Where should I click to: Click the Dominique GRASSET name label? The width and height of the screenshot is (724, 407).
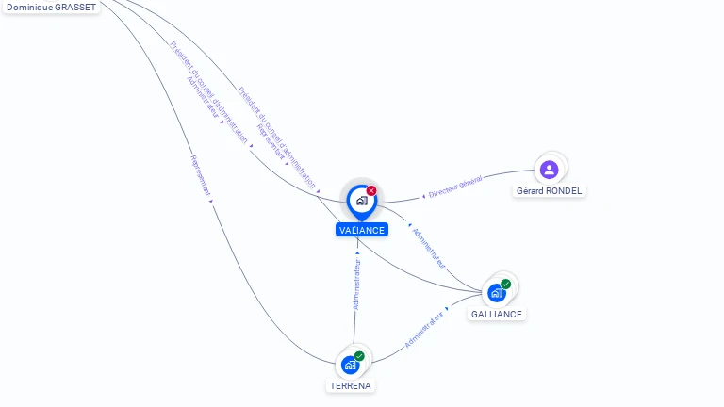click(50, 7)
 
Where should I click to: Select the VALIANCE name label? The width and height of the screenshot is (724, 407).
click(361, 230)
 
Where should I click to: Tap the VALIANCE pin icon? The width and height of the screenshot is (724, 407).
click(361, 201)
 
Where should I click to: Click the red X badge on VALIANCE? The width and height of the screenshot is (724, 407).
click(371, 190)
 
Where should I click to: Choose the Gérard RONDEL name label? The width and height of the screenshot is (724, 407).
click(550, 190)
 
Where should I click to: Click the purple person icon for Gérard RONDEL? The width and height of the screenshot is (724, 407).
click(550, 170)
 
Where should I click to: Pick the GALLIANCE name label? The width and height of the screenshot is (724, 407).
click(497, 314)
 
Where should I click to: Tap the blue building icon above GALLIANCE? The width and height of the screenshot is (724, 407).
click(496, 292)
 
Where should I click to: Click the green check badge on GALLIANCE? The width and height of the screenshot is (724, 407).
click(506, 284)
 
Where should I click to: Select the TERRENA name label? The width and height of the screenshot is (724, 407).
click(351, 385)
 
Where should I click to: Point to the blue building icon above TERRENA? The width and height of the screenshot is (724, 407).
click(351, 364)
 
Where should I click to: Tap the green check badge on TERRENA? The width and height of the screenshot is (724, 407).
click(359, 356)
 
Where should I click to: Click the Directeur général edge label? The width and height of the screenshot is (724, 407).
click(455, 187)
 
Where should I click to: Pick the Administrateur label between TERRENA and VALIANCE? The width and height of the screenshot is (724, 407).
click(357, 285)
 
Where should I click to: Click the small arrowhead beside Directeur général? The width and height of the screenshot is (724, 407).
click(423, 196)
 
